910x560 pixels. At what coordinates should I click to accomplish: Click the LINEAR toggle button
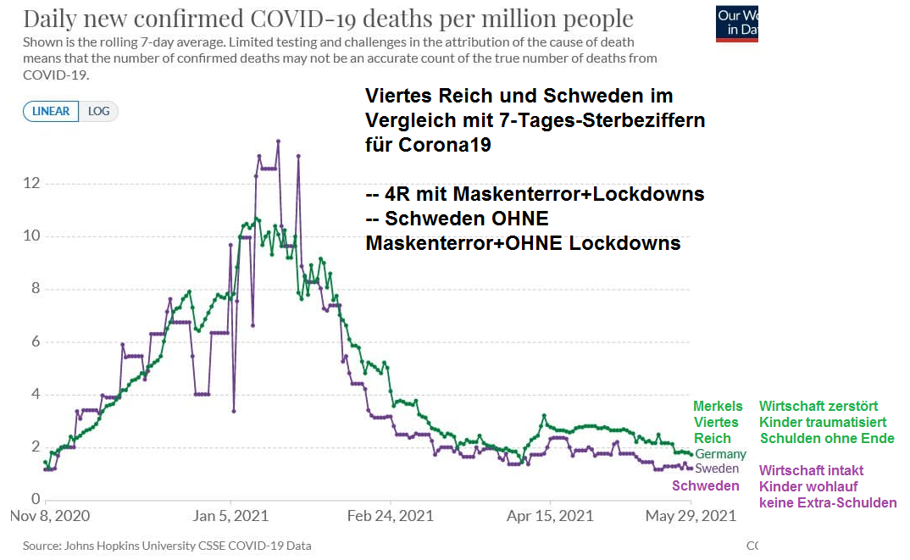click(x=51, y=111)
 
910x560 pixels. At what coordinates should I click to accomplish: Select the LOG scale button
click(x=99, y=111)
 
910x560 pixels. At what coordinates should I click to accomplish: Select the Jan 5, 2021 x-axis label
click(x=230, y=515)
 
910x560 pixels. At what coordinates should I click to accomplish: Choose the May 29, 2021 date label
click(x=691, y=515)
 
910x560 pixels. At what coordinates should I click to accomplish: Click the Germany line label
click(x=720, y=455)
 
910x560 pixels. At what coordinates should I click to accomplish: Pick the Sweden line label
click(x=717, y=469)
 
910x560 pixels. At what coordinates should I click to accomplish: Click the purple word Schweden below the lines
click(x=705, y=486)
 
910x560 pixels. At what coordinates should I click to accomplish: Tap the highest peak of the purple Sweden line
click(x=278, y=141)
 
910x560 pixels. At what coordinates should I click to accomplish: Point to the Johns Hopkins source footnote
click(x=167, y=546)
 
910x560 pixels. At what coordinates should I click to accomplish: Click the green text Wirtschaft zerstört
click(x=818, y=407)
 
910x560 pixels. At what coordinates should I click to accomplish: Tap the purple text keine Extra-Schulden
click(x=828, y=503)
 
